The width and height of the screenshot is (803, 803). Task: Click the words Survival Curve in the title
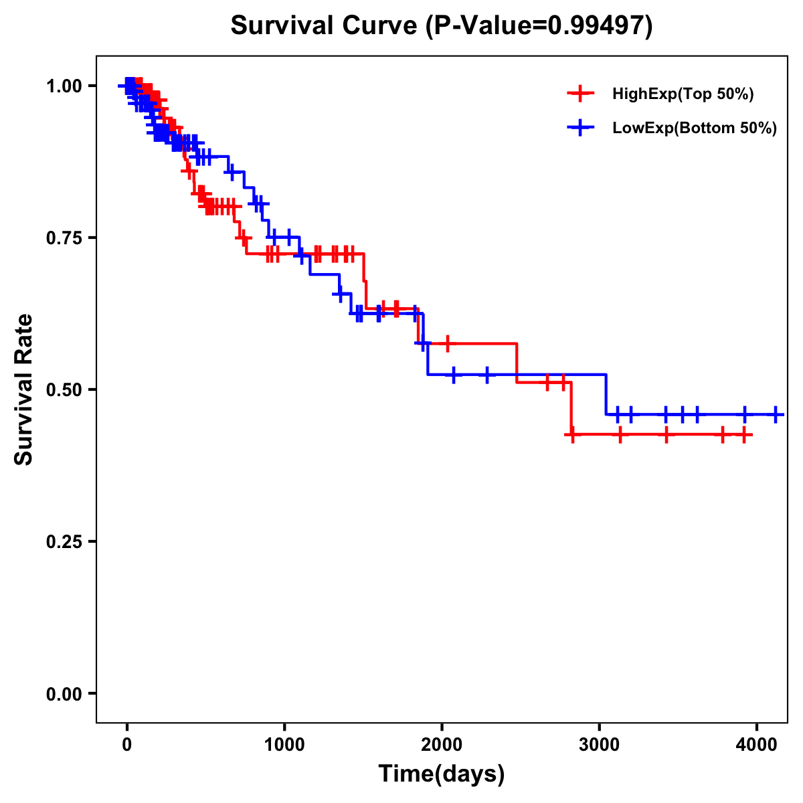[x=325, y=25]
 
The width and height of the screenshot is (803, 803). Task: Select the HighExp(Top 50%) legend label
[x=683, y=94]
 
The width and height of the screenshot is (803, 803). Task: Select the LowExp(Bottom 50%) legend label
[x=695, y=128]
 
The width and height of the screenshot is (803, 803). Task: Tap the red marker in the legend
[x=580, y=94]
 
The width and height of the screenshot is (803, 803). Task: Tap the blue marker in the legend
[x=580, y=127]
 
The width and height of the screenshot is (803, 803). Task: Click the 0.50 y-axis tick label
[x=64, y=389]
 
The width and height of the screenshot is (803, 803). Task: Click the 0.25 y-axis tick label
[x=64, y=541]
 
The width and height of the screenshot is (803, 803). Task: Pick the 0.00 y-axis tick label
[x=64, y=693]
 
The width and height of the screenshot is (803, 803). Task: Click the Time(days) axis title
[x=442, y=774]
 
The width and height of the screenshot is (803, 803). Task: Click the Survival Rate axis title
[x=24, y=389]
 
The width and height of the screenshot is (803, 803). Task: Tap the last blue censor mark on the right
[x=776, y=414]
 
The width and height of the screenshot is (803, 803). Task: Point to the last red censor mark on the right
[x=743, y=435]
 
